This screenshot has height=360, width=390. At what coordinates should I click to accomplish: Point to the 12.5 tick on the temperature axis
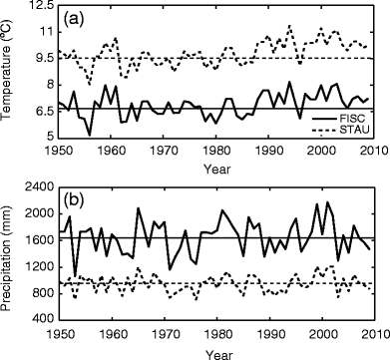(x=38, y=7)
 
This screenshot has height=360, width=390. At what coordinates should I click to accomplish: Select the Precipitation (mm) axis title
(x=9, y=252)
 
